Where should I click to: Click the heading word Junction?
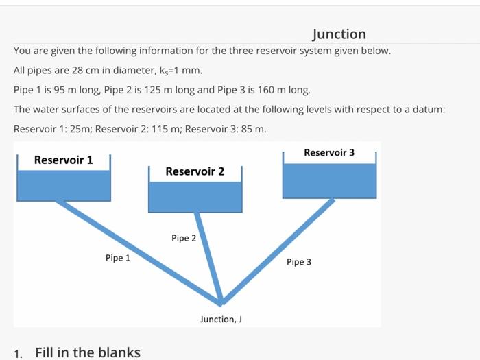coord(339,34)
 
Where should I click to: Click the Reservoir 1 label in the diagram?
coord(63,160)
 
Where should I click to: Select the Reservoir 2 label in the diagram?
coord(195,171)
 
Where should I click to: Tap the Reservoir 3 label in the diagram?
coord(329,152)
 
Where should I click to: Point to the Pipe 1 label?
coord(117,258)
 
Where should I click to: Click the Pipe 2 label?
coord(184,238)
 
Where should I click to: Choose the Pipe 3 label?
coord(299,262)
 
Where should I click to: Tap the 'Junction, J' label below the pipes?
coord(221,319)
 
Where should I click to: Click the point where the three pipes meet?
coord(221,302)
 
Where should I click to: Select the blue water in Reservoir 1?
coord(63,185)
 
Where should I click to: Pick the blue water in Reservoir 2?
coord(195,197)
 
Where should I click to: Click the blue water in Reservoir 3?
coord(329,180)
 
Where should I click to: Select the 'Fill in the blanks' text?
coord(88,352)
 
